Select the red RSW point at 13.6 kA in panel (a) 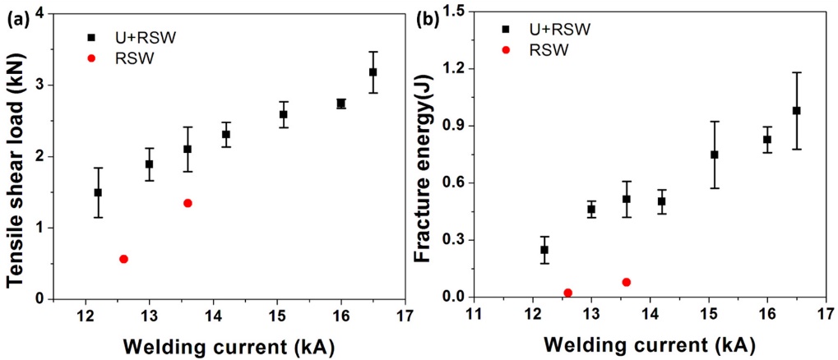188,203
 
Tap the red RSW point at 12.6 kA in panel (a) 123,259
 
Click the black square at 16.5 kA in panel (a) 373,72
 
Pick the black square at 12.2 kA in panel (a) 98,192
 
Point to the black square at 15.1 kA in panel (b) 715,155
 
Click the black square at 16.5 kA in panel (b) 796,111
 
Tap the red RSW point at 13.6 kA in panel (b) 627,282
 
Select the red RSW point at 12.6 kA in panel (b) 567,293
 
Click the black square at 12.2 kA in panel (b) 544,249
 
